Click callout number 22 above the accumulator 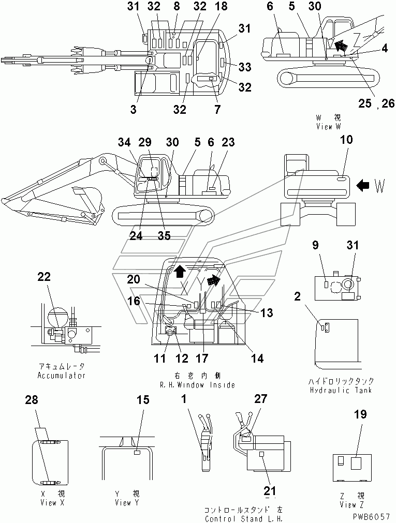(x=43, y=277)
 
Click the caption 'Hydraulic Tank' (x=341, y=390)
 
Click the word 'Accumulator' (x=61, y=375)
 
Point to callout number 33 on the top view (x=244, y=67)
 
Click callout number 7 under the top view (x=217, y=109)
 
